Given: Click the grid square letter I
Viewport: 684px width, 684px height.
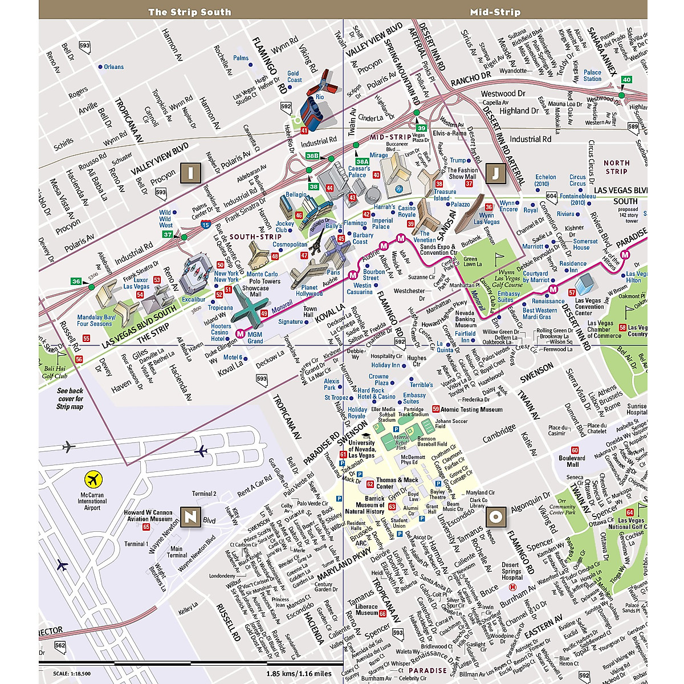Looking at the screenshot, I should point(188,172).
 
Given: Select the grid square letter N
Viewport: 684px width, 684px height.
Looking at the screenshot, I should point(189,517).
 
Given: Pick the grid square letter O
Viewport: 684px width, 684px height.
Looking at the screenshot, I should point(496,517).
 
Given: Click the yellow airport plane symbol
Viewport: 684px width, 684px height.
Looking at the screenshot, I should point(92,478).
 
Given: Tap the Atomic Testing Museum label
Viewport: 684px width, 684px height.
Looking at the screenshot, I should point(471,409).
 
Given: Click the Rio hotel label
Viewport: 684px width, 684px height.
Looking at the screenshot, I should point(319,97).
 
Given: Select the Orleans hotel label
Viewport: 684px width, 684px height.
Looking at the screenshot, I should point(113,67).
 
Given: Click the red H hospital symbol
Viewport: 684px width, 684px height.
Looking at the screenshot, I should point(512,587).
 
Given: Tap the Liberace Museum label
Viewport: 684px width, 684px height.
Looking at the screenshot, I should point(367,610).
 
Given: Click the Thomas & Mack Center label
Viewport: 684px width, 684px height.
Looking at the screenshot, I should point(397,483).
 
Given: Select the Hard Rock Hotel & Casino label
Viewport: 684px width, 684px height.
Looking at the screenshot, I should point(376,393).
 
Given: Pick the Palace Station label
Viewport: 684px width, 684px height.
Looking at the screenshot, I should point(592,75).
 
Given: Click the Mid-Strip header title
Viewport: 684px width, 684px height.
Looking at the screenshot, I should point(495,12).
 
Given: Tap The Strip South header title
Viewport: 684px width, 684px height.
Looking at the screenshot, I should point(190,12).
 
